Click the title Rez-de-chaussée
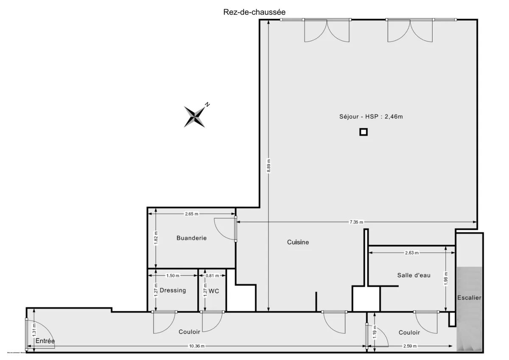(251, 12)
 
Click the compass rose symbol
(195, 116)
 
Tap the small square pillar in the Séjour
(363, 132)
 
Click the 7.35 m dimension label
(356, 222)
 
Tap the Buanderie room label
(191, 238)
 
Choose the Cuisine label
(298, 242)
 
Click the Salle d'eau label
(414, 275)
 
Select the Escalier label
(469, 298)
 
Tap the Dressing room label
(173, 290)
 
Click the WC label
(214, 291)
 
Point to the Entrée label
(45, 341)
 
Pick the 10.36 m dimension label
(196, 346)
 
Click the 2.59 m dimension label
(410, 346)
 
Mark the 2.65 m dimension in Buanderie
(192, 214)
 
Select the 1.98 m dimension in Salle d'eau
(445, 279)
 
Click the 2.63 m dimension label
(411, 253)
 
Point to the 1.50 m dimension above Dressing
(173, 276)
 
